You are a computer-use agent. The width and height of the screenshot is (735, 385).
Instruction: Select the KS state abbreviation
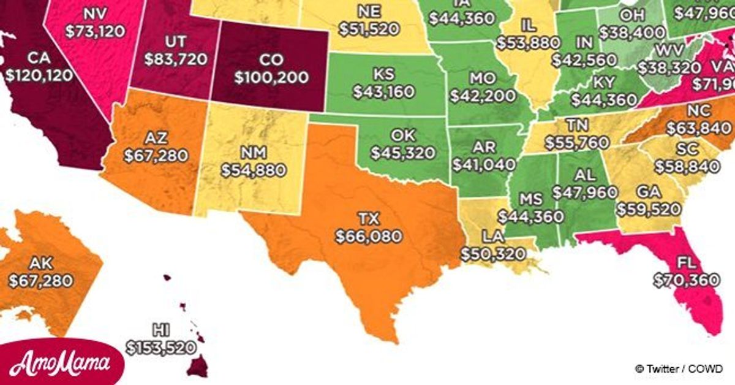(x=383, y=74)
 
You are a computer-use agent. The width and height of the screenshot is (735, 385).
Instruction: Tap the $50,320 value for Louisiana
(x=493, y=253)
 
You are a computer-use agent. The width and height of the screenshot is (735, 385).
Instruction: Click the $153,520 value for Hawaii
(x=161, y=347)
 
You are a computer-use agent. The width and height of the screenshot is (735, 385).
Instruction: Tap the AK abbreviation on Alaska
(x=40, y=264)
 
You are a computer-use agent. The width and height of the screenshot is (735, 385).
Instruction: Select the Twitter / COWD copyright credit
(x=680, y=369)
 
